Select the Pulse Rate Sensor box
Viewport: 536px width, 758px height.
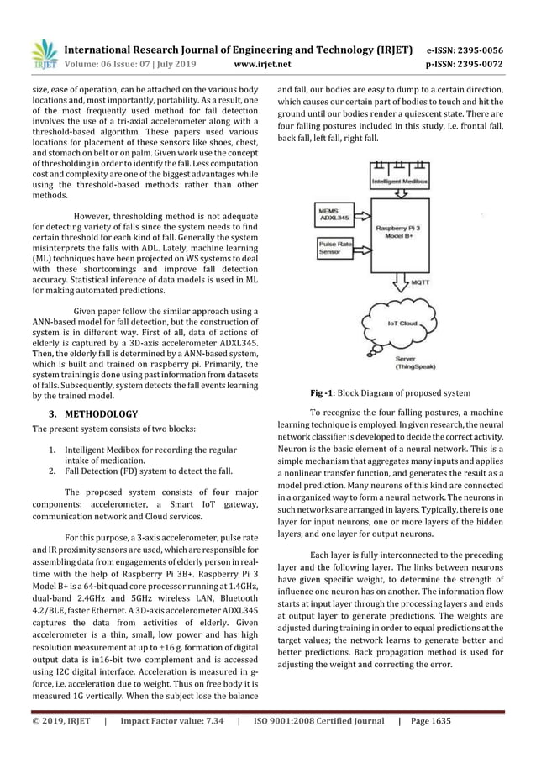pos(329,247)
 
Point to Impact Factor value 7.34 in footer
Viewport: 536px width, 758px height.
pos(172,743)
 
